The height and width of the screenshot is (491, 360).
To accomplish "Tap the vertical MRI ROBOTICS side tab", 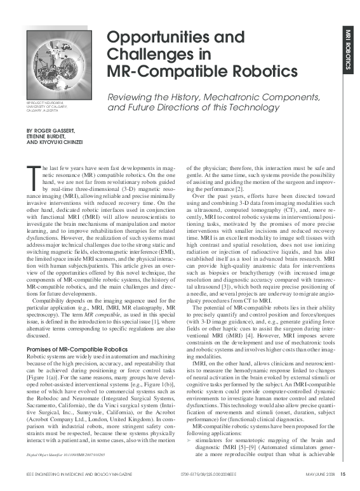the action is (348, 48).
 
